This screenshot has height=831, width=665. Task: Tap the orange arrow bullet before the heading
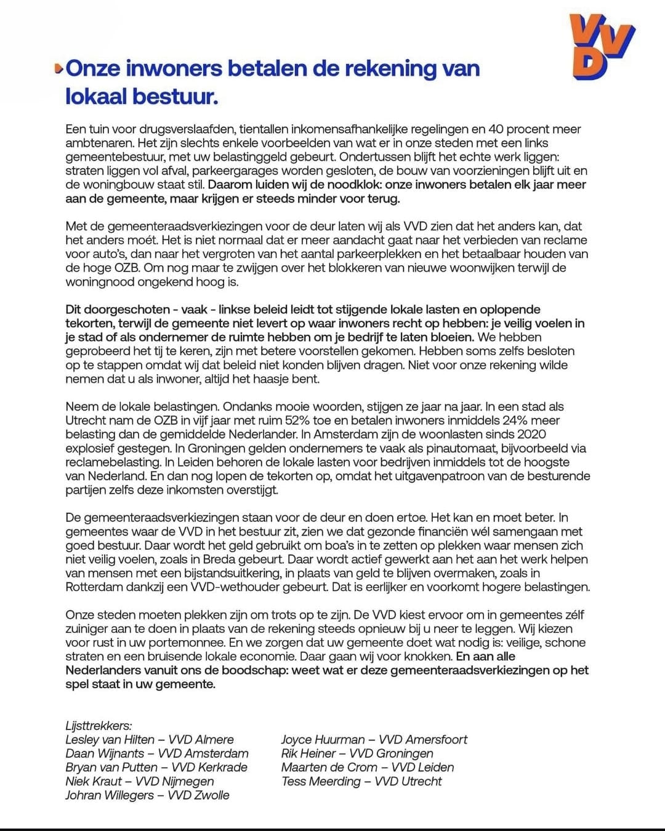pyautogui.click(x=58, y=69)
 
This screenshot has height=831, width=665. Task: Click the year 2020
pyautogui.click(x=530, y=435)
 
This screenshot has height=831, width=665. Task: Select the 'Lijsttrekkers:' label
pyautogui.click(x=99, y=726)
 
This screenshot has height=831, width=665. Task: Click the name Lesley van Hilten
pyautogui.click(x=110, y=740)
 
